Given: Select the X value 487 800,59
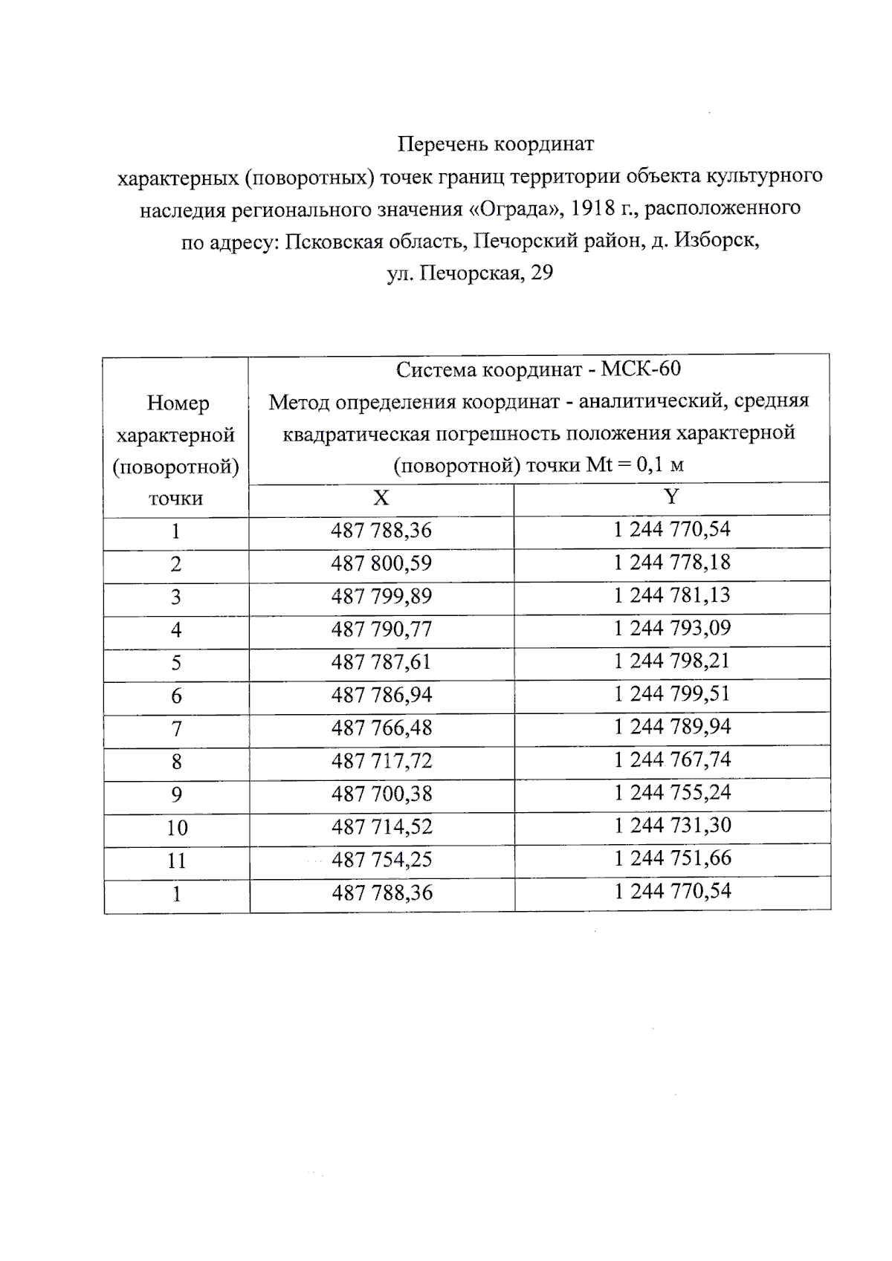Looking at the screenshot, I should point(381,564).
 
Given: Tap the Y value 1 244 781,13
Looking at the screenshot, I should point(672,595).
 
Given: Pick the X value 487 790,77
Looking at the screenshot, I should point(381,630).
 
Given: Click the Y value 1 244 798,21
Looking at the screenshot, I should point(672,661).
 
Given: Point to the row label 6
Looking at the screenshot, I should point(176,696).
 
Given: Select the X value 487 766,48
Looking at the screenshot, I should point(381,728).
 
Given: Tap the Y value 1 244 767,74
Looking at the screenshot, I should point(672,759).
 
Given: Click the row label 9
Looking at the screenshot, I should point(176,795).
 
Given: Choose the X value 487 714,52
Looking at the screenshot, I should point(381,827).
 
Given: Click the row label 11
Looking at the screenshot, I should point(176,861).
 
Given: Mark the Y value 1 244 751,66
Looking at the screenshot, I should point(672,858).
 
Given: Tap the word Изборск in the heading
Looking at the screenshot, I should point(716,241).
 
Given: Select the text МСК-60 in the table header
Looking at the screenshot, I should point(641,369).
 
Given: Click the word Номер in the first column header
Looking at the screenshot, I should point(178,403).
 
